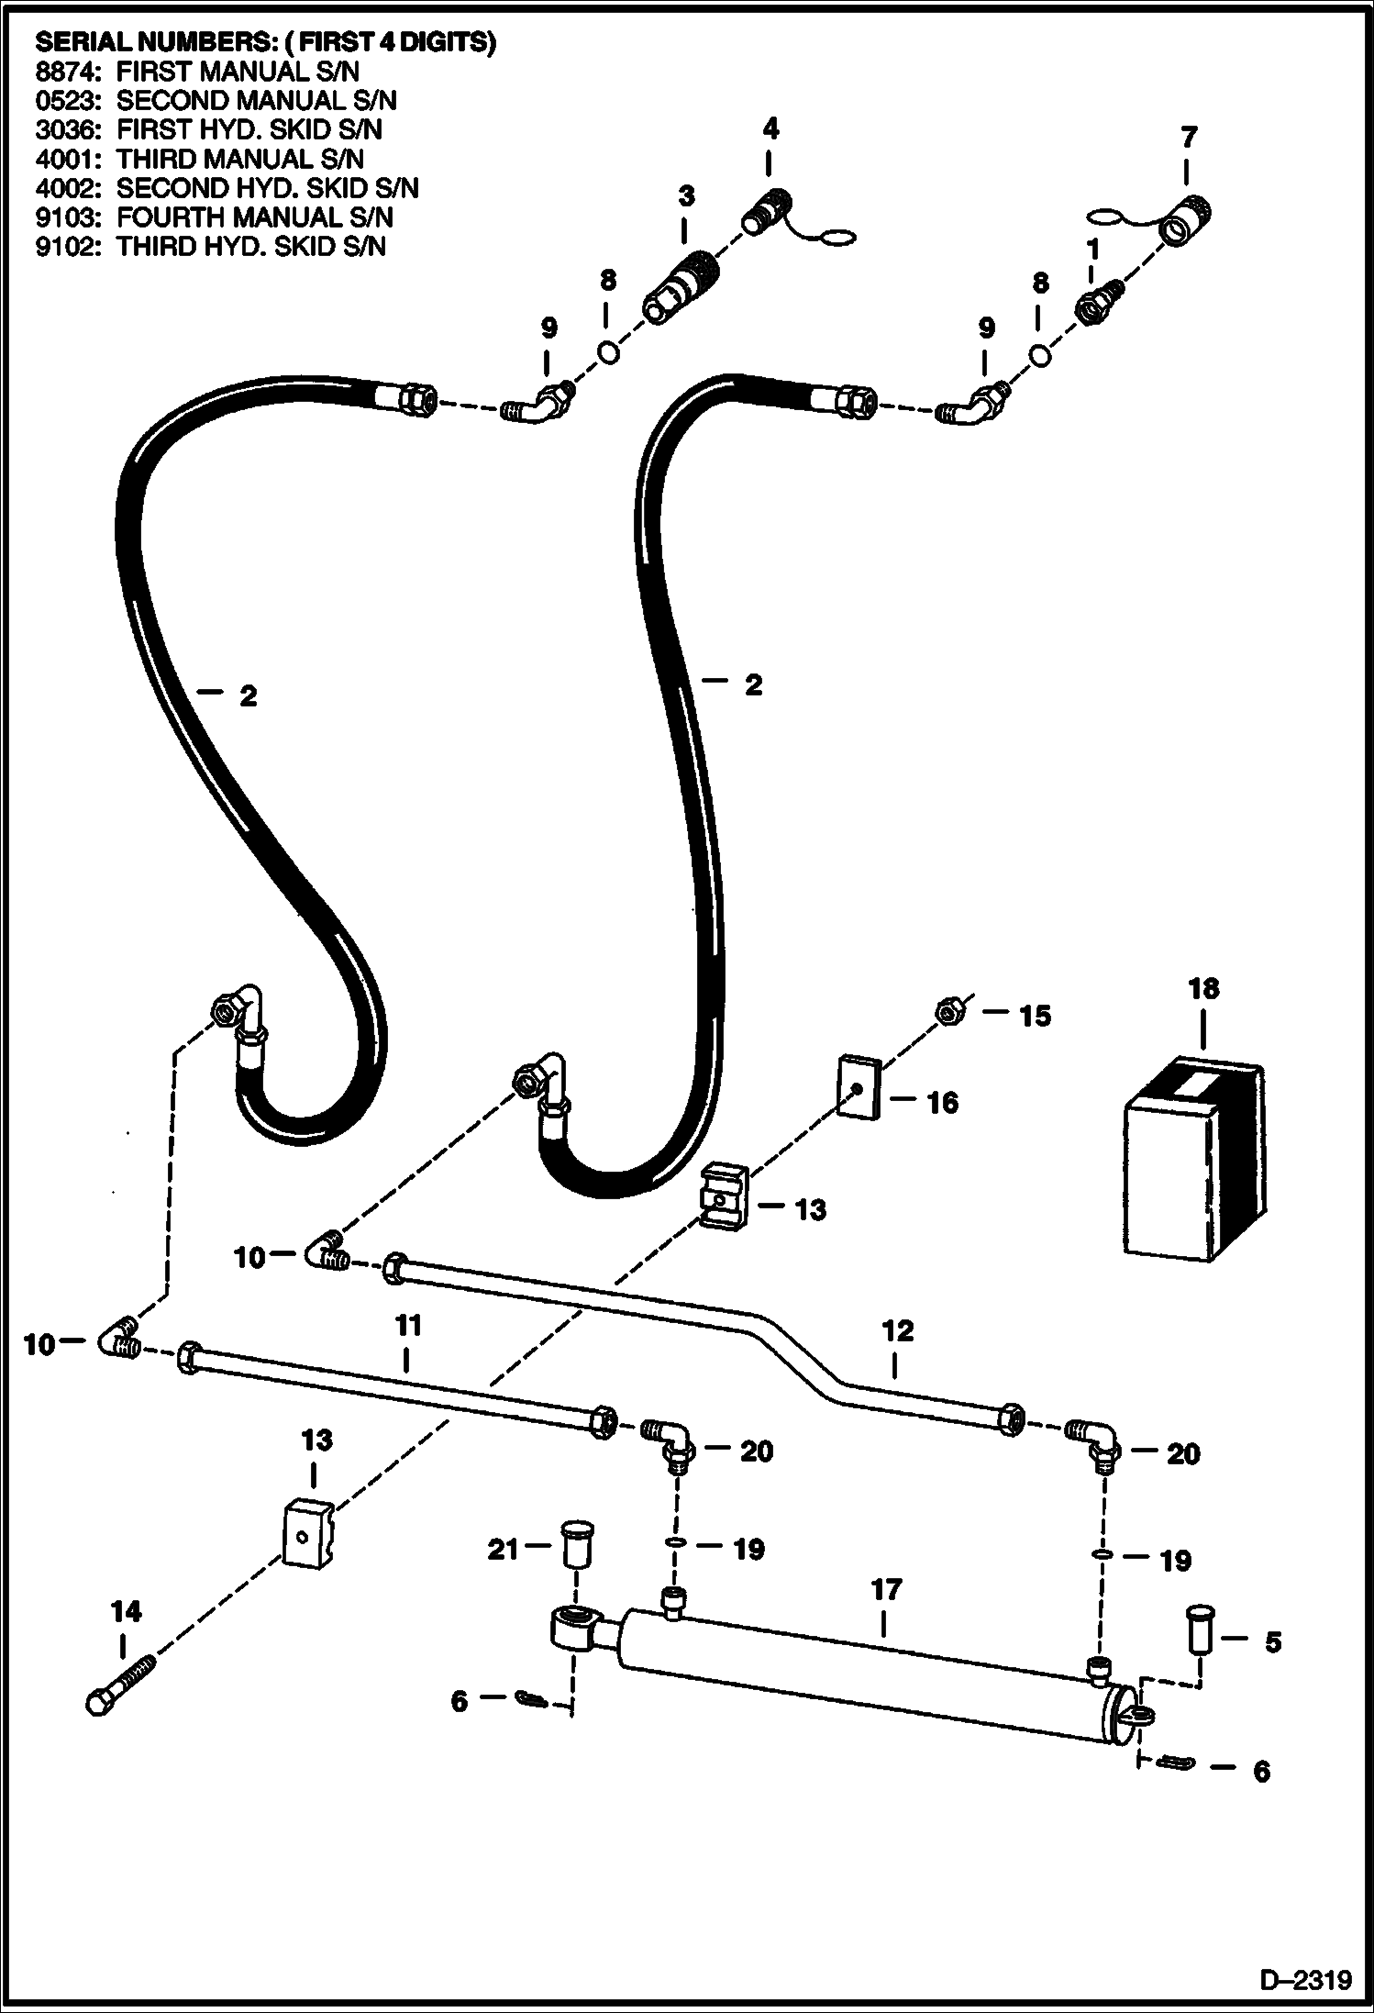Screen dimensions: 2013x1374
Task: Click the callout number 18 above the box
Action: (x=1203, y=989)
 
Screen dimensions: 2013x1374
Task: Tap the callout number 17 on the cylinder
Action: (x=886, y=1590)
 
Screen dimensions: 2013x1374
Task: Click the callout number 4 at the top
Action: (x=770, y=129)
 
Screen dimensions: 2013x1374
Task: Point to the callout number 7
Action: (x=1188, y=138)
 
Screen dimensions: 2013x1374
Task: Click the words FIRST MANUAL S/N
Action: (x=238, y=71)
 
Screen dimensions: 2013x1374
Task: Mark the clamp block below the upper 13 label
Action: (x=726, y=1195)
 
